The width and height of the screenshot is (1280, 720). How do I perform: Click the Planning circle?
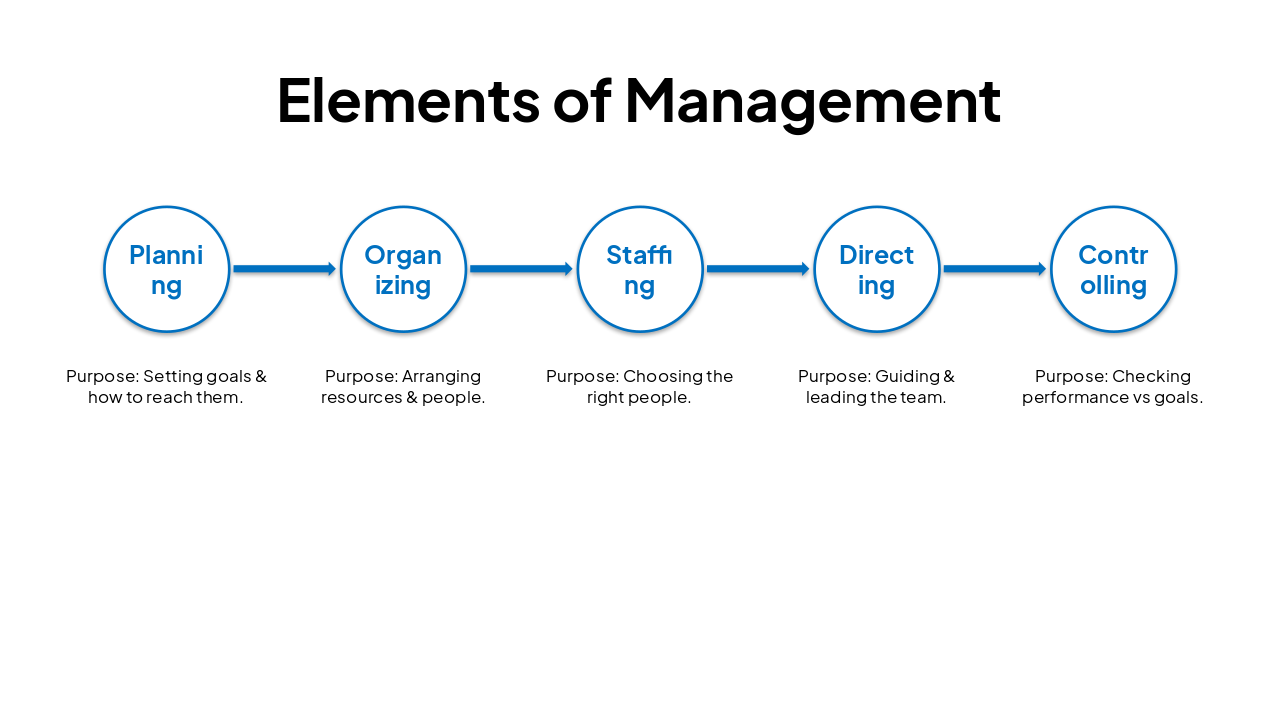167,269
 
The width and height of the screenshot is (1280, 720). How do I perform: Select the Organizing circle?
403,269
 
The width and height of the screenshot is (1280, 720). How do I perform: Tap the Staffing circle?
640,269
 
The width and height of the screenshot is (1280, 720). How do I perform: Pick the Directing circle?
877,269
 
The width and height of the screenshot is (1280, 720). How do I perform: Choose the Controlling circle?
1113,269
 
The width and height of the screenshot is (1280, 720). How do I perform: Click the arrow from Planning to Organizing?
284,269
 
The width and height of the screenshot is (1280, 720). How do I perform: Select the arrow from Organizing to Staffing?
521,269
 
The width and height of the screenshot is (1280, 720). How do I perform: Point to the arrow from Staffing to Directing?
758,269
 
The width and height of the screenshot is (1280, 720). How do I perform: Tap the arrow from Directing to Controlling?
994,269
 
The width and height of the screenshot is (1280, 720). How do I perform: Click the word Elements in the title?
408,100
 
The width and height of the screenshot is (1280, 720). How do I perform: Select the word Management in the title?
812,100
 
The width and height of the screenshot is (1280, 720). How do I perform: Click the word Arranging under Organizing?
441,377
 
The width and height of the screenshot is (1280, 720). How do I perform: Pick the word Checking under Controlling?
1151,377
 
